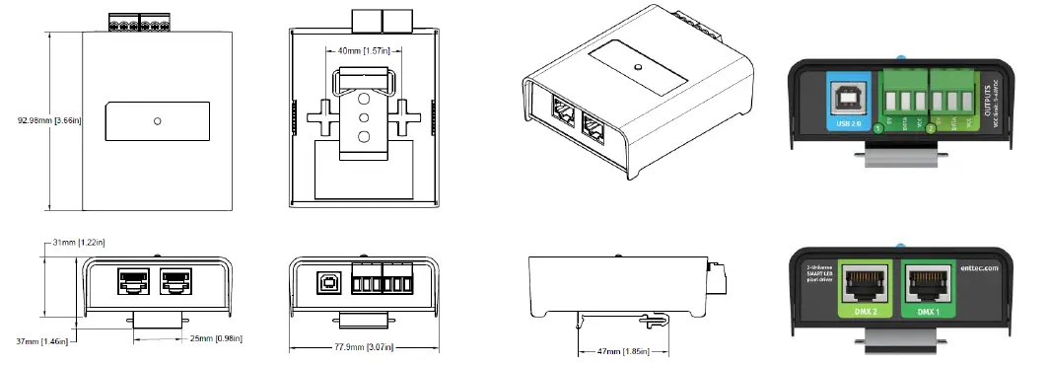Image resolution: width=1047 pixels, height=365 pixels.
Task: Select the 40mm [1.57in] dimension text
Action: (x=361, y=51)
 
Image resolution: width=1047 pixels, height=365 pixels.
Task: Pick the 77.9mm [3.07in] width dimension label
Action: (x=361, y=348)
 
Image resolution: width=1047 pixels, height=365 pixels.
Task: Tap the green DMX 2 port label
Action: (x=864, y=312)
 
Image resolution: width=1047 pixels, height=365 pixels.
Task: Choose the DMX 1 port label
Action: (x=930, y=312)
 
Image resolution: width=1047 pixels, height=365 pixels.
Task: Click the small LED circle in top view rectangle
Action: (x=158, y=121)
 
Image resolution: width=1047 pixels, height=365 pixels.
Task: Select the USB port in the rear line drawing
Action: (x=326, y=281)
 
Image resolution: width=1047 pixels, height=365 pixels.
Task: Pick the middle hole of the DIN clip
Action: (x=362, y=116)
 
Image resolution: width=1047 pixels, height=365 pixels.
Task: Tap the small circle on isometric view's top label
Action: (x=639, y=68)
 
